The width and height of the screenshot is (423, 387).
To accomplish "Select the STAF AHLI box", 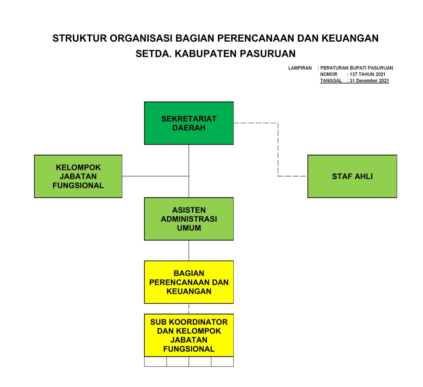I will click(x=352, y=176).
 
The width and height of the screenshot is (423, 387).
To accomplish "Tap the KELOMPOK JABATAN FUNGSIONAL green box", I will click(x=78, y=176).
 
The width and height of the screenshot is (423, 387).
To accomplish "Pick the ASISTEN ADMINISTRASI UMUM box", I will click(x=189, y=219).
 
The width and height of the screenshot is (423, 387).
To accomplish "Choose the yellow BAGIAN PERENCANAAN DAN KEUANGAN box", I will click(x=189, y=282).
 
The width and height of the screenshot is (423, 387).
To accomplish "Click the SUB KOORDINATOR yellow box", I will click(x=189, y=335).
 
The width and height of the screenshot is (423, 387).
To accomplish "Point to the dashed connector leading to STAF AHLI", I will click(x=278, y=149).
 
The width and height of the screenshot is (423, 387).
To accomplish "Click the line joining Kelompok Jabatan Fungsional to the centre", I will click(x=155, y=176).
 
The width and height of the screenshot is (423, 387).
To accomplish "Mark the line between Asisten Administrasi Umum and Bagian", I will click(x=189, y=250).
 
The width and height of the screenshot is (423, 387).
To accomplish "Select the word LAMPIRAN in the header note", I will click(x=300, y=68).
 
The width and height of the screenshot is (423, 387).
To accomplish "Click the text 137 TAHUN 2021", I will click(x=367, y=74).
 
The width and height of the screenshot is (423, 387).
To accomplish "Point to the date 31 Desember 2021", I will click(x=369, y=81).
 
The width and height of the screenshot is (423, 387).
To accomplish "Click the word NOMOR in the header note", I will click(x=328, y=74).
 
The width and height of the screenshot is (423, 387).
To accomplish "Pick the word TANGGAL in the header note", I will click(x=331, y=81).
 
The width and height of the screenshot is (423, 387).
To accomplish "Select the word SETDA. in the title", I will click(x=153, y=54).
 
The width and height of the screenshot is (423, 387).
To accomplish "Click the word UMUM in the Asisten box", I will click(x=189, y=228).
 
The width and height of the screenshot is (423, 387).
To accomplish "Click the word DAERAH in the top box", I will click(x=189, y=128).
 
